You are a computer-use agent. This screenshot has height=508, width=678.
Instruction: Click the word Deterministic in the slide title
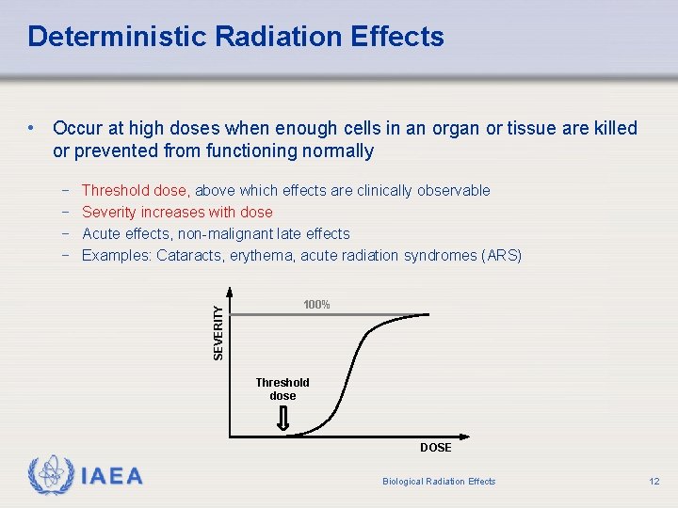[x=117, y=37]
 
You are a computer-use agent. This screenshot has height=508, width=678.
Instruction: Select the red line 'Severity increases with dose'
[x=177, y=212]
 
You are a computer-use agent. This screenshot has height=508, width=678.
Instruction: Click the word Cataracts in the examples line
[x=189, y=255]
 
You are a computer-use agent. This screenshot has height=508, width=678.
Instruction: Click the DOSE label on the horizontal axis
[x=435, y=448]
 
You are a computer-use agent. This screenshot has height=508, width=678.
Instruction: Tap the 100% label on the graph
[x=316, y=305]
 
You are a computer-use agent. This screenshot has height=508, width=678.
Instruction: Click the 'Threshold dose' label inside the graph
[x=282, y=389]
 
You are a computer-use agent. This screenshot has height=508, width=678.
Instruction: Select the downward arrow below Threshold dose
[x=282, y=421]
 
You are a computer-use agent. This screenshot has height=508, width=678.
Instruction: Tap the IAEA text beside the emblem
[x=111, y=476]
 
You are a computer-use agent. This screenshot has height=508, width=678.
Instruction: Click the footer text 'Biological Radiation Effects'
[x=439, y=482]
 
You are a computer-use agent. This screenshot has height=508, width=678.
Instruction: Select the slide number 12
[x=654, y=482]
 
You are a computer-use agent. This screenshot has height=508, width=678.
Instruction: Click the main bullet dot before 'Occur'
[x=32, y=128]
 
